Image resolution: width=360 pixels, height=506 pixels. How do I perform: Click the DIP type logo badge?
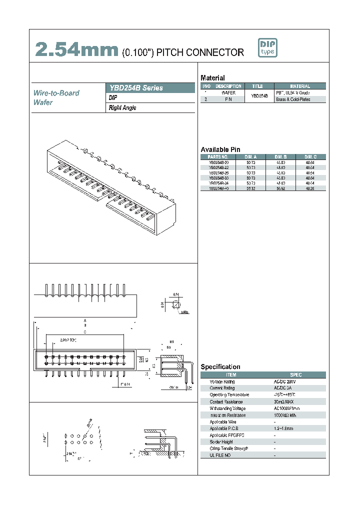[x=267, y=47]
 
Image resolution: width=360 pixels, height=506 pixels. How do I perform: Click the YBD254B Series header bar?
[x=151, y=87]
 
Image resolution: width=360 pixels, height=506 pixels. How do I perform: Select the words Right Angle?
[x=122, y=107]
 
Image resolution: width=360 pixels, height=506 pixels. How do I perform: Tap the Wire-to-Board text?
[x=56, y=93]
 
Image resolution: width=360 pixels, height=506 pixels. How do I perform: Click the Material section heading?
[x=212, y=78]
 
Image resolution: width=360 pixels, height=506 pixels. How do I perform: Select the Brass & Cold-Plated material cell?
[x=292, y=99]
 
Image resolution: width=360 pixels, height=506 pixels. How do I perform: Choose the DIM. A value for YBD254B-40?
[x=250, y=188]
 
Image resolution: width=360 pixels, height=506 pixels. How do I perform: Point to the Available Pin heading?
[x=220, y=149]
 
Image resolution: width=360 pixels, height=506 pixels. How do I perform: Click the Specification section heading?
[x=220, y=366]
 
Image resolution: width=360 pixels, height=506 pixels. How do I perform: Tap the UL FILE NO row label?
[x=220, y=455]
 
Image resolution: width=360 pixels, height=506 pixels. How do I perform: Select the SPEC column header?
[x=295, y=374]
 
